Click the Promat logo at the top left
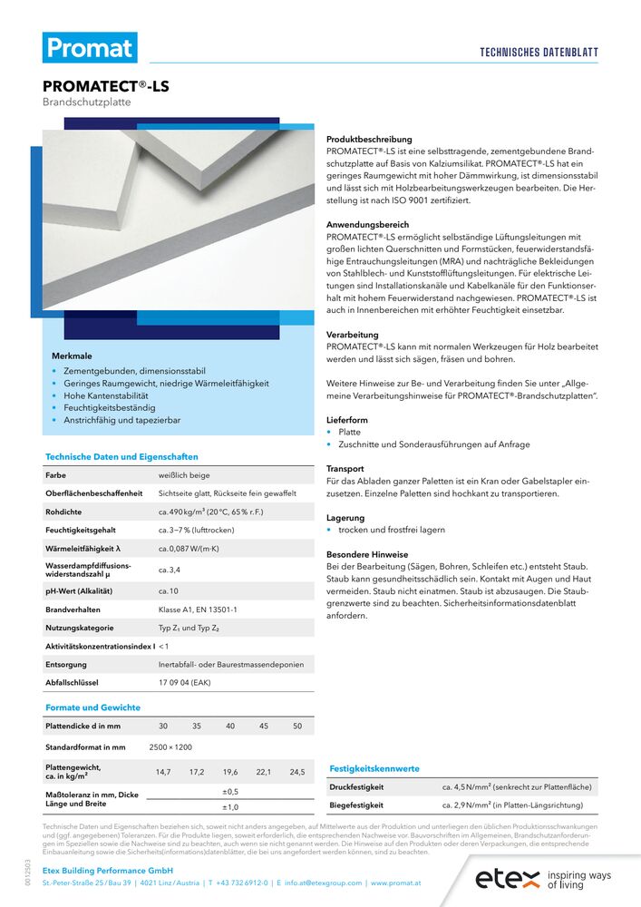point(90,47)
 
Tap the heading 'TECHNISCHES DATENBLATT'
point(539,53)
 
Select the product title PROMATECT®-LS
point(105,87)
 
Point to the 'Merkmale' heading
point(73,356)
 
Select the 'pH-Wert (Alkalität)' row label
point(84,590)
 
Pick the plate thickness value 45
point(264,726)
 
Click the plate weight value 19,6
point(230,772)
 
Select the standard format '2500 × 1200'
point(170,747)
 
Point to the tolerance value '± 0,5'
point(230,791)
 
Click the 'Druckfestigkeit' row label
point(356,787)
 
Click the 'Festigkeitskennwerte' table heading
point(374,768)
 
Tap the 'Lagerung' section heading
point(345,517)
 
